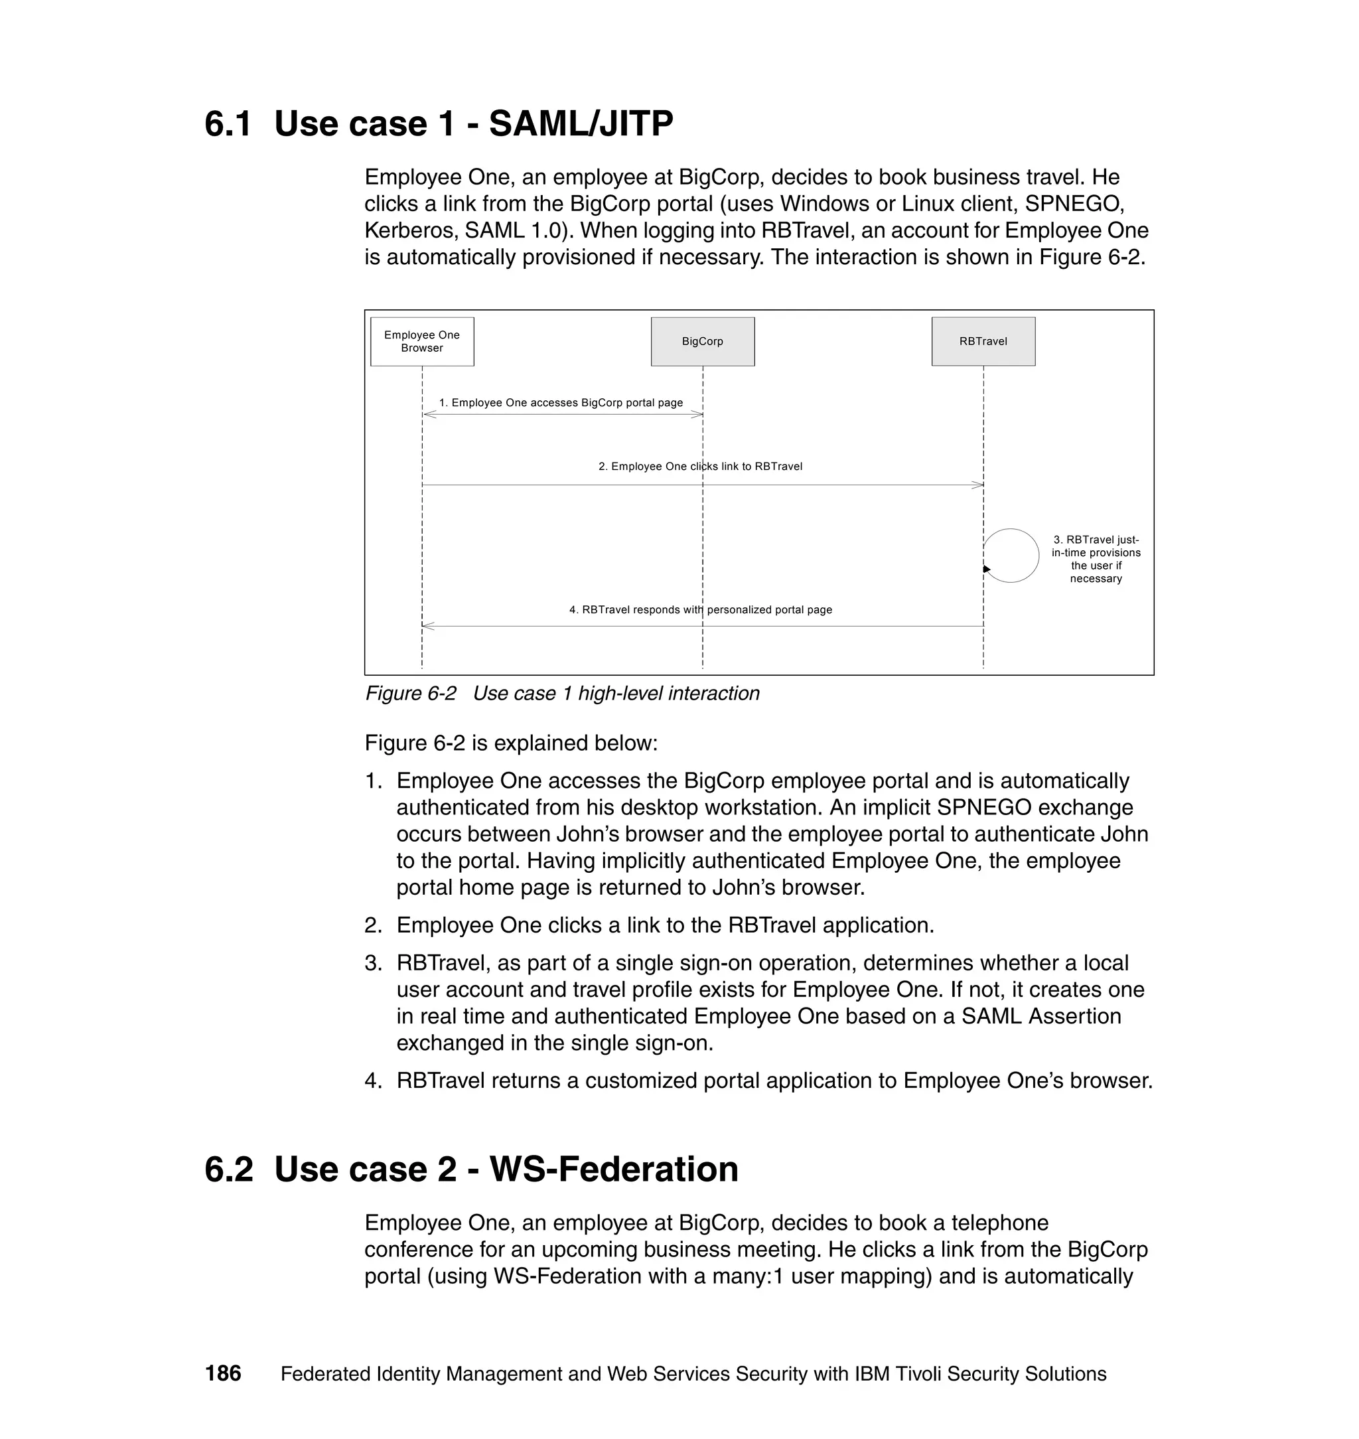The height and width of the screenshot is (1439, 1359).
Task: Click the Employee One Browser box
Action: click(x=421, y=341)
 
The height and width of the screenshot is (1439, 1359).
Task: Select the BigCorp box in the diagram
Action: click(x=702, y=341)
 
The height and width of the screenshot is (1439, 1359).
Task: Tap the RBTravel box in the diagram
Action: click(x=982, y=341)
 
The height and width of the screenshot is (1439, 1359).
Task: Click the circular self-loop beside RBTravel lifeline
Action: click(x=1011, y=555)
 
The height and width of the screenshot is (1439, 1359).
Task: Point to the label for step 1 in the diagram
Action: click(x=561, y=402)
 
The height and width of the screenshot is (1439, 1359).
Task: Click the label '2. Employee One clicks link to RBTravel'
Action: click(x=700, y=466)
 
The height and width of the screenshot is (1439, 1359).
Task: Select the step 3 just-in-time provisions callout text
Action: click(x=1096, y=559)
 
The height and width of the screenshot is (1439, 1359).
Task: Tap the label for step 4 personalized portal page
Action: click(x=700, y=609)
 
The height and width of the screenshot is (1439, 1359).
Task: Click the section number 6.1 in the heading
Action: click(x=228, y=123)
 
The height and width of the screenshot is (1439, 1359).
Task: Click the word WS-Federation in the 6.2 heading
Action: click(x=614, y=1170)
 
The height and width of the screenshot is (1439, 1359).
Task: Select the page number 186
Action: click(x=222, y=1373)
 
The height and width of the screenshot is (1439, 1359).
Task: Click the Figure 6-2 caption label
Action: click(x=411, y=694)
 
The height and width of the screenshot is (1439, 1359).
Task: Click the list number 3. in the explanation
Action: click(x=373, y=963)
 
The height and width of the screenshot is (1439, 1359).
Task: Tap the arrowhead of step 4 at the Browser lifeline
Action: click(x=427, y=626)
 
